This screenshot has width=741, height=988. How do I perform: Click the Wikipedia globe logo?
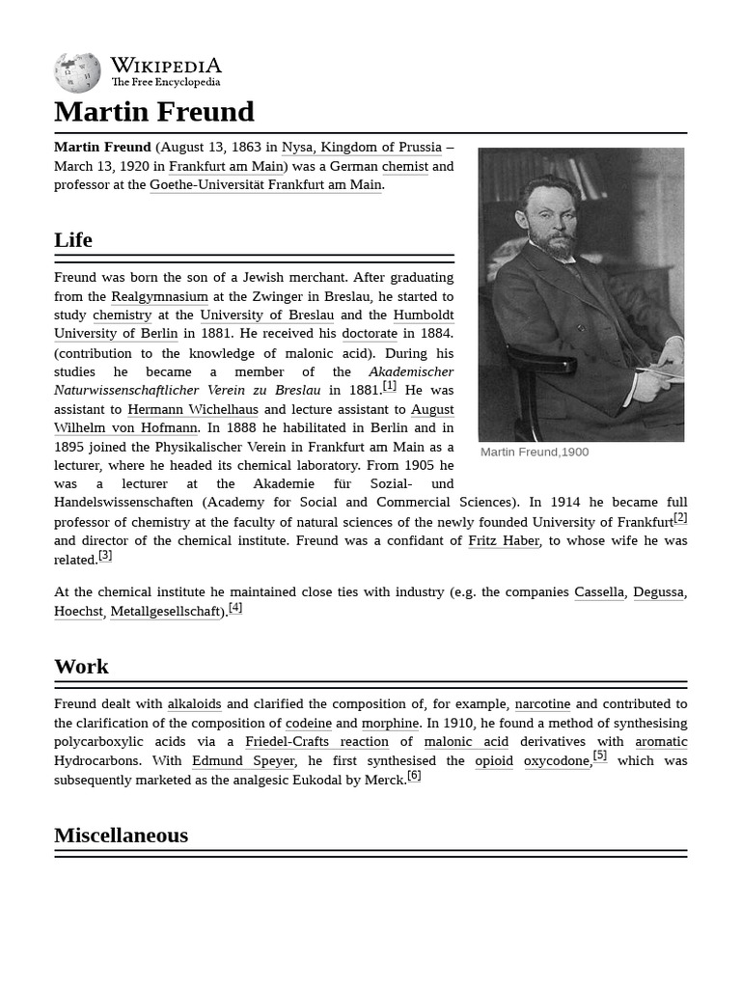[x=77, y=73]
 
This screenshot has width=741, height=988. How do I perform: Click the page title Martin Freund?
[x=154, y=112]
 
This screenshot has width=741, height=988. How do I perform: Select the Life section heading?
[x=73, y=239]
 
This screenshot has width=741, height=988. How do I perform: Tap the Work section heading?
[x=81, y=666]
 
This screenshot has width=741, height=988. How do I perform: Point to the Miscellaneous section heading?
[x=121, y=835]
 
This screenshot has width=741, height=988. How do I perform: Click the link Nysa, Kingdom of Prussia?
[x=362, y=148]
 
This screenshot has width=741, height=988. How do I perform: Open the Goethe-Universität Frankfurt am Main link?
[x=266, y=185]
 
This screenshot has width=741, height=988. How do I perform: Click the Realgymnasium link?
[x=159, y=296]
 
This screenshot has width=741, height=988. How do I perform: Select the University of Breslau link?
[x=267, y=316]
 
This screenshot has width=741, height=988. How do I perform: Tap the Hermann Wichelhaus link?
[x=193, y=409]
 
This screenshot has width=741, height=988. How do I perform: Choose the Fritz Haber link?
[x=504, y=541]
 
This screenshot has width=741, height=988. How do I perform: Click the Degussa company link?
[x=658, y=592]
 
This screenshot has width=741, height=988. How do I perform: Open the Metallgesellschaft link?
[x=165, y=611]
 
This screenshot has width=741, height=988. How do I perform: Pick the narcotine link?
[x=542, y=704]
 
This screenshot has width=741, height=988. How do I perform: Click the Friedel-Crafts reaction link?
[x=316, y=742]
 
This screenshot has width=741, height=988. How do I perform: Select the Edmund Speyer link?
[x=243, y=761]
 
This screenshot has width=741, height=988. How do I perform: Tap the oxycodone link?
[x=557, y=761]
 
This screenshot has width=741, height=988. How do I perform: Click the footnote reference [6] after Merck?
[x=414, y=776]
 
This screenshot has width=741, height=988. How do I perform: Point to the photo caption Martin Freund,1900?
[x=535, y=453]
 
